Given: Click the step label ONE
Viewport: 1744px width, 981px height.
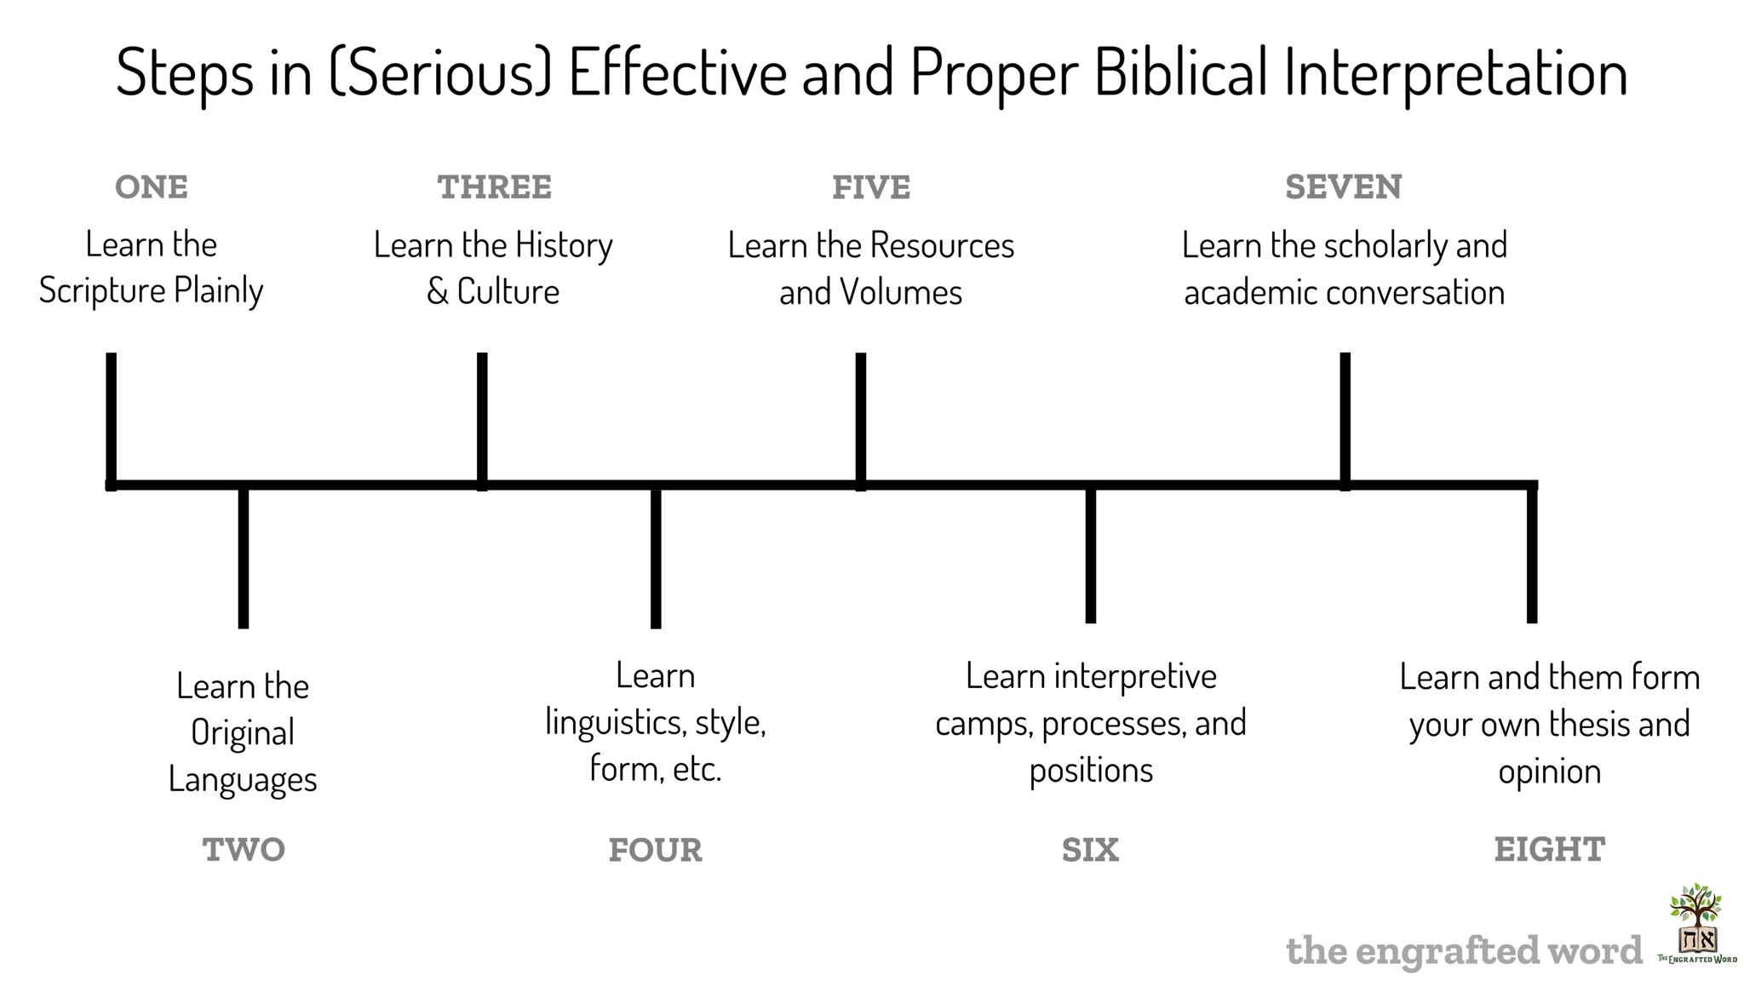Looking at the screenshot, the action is click(x=152, y=187).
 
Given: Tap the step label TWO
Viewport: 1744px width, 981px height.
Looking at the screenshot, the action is click(x=244, y=850).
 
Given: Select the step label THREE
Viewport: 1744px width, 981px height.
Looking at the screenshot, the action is click(x=495, y=187).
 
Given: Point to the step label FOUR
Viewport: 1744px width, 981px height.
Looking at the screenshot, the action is click(x=656, y=850).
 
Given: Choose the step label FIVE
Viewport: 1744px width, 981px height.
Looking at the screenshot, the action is click(x=871, y=187).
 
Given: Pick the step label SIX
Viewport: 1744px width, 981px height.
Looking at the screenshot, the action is click(x=1090, y=850).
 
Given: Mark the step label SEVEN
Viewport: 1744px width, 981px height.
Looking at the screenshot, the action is click(x=1344, y=187).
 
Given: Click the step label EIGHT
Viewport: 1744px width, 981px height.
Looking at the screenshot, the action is click(x=1550, y=850).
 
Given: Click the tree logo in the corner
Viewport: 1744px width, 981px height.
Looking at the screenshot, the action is click(x=1696, y=924).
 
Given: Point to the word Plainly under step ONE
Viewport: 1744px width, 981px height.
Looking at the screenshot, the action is click(x=219, y=291).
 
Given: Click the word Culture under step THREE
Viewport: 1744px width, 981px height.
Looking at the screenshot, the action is click(x=508, y=291).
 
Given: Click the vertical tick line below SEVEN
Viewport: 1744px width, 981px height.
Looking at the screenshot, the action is click(x=1345, y=421).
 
